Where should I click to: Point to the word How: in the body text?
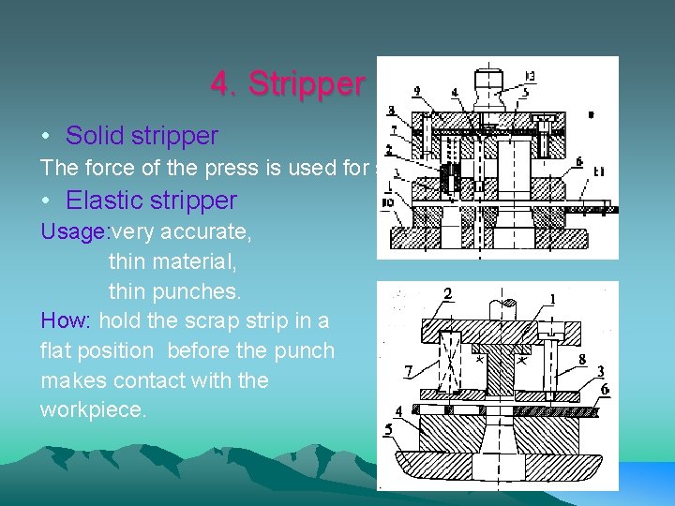66,320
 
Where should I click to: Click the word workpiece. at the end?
94,410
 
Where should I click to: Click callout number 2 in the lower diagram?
448,295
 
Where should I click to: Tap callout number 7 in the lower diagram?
408,372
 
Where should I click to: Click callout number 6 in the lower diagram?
605,389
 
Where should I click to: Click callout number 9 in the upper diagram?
416,92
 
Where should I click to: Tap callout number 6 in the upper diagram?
579,161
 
